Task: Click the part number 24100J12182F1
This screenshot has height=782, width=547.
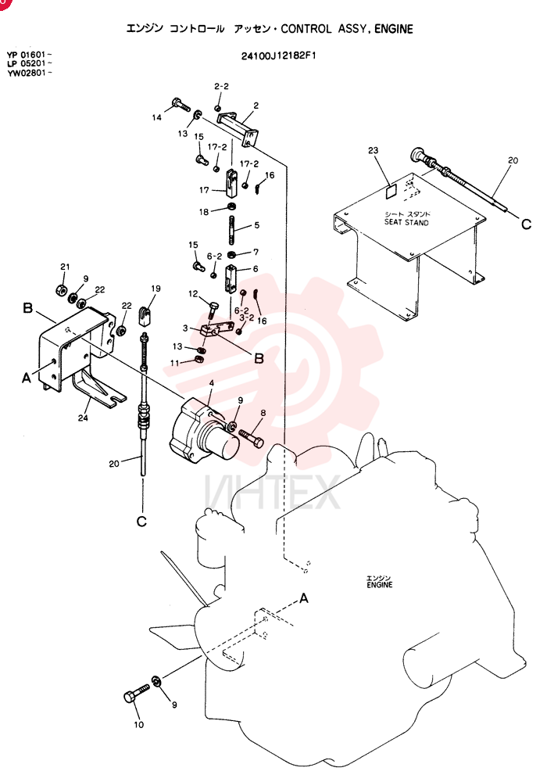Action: (278, 56)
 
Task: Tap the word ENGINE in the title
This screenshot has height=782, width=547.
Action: (394, 29)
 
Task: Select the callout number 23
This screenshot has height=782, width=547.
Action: (374, 150)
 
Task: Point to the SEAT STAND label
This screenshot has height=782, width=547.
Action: (406, 222)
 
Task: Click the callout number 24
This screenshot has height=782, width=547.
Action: (83, 418)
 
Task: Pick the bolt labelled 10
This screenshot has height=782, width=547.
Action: (136, 693)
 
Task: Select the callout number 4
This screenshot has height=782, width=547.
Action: (211, 383)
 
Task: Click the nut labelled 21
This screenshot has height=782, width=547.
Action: (59, 289)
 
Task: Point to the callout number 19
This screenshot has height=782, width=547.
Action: (156, 289)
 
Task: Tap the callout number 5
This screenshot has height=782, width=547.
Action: (256, 225)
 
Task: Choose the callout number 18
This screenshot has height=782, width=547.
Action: (204, 212)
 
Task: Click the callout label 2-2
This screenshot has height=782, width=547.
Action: (221, 86)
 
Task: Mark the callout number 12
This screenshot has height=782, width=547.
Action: (193, 294)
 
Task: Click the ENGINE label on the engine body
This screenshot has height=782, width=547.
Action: (380, 584)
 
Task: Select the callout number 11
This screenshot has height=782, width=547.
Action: (174, 363)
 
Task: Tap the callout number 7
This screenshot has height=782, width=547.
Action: (256, 253)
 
